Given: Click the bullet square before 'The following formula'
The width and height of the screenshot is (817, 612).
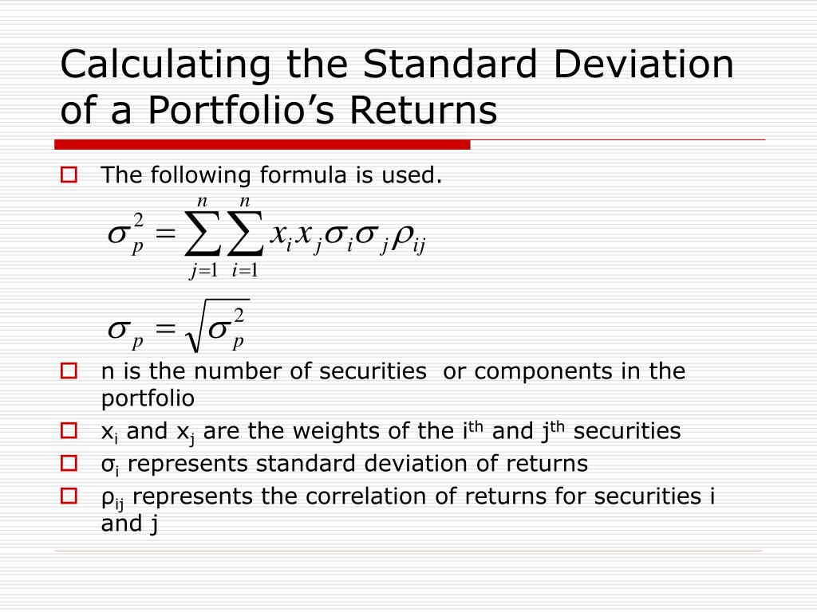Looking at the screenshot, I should point(69,175).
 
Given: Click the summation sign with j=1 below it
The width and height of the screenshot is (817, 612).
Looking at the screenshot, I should point(203,234).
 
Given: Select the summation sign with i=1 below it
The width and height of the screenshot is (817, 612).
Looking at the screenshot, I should point(245,234).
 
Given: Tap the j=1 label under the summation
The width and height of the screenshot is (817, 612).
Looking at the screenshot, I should point(204,271).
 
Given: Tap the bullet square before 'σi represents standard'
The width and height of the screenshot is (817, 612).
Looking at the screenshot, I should point(69,463).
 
